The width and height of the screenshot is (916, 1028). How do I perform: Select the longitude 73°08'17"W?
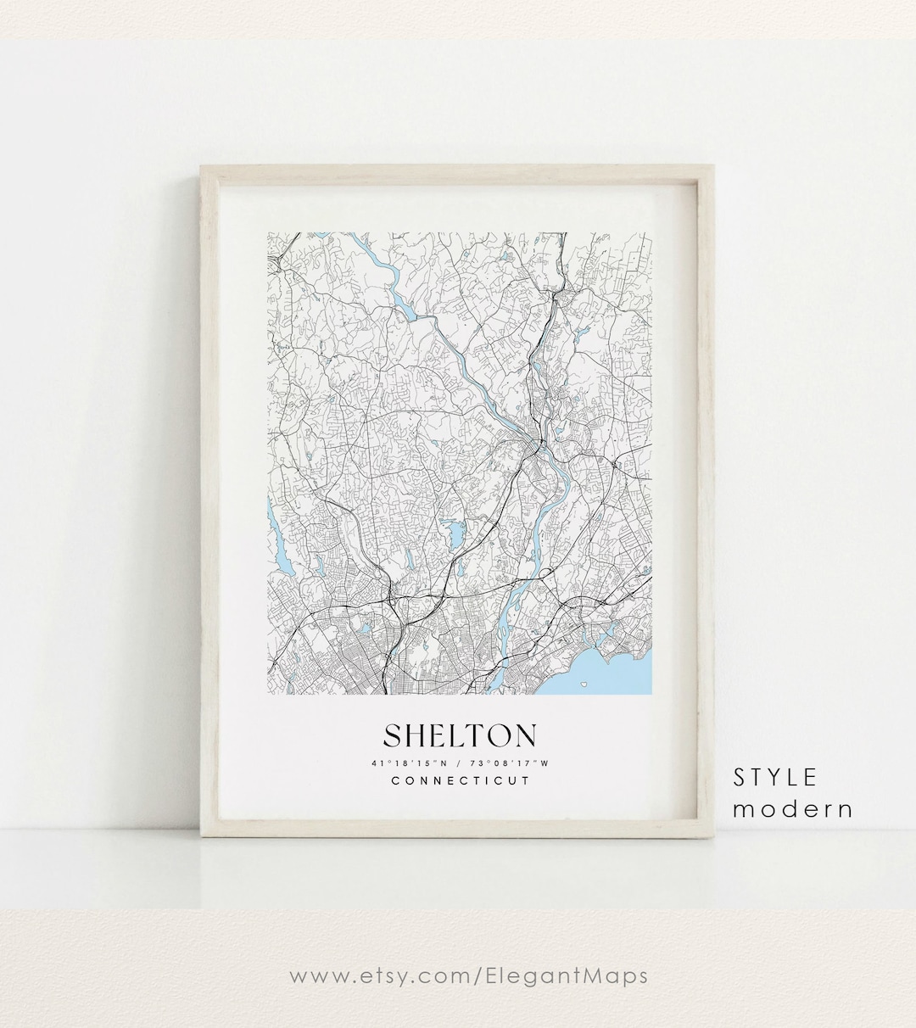(x=509, y=763)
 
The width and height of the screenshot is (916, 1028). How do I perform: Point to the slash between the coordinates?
(x=459, y=763)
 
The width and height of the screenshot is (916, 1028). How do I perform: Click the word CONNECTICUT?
(x=460, y=780)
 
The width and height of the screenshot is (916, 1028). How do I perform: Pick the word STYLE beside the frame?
(x=775, y=777)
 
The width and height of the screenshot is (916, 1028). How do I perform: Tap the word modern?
(x=793, y=809)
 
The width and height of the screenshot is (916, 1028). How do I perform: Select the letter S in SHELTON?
(x=394, y=735)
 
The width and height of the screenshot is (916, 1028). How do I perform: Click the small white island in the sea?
(x=584, y=684)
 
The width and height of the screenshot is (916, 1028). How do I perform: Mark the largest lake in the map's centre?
(x=455, y=535)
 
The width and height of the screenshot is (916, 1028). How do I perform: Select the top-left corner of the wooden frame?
(x=202, y=167)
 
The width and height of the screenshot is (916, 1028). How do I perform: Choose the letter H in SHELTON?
(x=417, y=735)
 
